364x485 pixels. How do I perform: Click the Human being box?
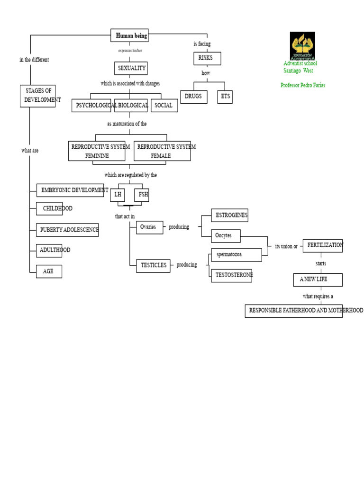pos(129,35)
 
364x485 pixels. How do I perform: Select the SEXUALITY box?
pos(131,68)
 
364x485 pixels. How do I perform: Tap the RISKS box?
pos(208,58)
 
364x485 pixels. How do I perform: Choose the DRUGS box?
pos(194,97)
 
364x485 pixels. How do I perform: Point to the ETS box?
pos(225,97)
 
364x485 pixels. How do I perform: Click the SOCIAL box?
pos(164,106)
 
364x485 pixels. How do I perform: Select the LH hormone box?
pos(118,195)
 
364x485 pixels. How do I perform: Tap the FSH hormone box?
pos(142,195)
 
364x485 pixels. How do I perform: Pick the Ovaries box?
pos(149,227)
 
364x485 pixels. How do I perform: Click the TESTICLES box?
pos(153,266)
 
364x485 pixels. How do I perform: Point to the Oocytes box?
pos(226,236)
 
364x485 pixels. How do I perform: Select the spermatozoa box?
pos(237,255)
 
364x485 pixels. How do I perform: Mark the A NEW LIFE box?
pos(318,279)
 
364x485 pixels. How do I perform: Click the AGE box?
pos(49,271)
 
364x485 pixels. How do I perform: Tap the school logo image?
pos(302,46)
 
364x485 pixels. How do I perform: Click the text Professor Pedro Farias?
pos(303,85)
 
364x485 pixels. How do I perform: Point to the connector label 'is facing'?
pos(202,44)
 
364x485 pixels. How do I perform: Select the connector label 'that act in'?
pos(125,216)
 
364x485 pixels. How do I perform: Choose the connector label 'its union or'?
pos(286,246)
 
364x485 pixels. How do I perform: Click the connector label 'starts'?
pos(321,263)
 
